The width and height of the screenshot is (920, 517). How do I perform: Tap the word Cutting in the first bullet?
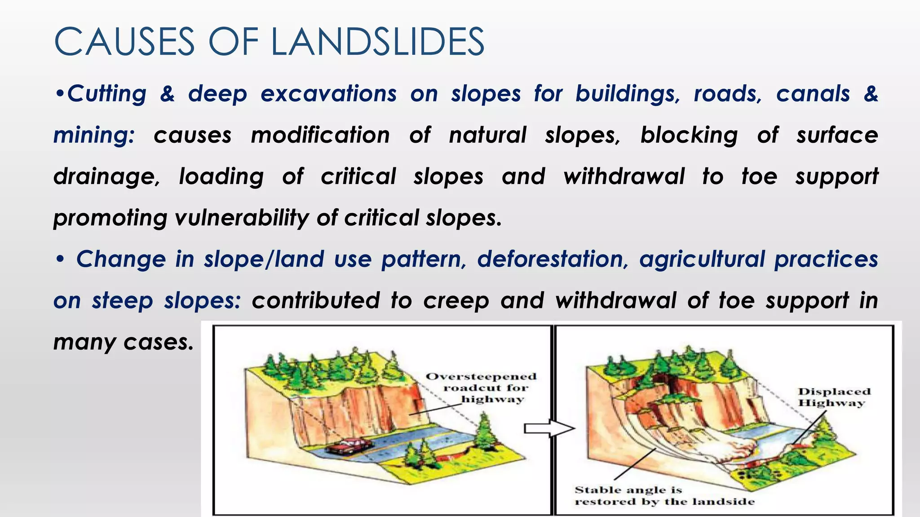tap(107, 94)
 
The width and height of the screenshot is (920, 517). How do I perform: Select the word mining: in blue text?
tap(94, 135)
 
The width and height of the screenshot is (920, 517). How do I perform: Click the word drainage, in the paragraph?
tap(106, 177)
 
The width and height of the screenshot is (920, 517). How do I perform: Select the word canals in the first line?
tap(813, 94)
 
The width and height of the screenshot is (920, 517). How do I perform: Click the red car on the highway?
tap(348, 447)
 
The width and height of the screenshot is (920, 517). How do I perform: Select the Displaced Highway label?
tap(834, 397)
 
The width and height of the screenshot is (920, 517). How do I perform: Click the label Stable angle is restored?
tap(664, 495)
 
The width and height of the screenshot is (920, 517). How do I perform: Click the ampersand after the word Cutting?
tap(167, 94)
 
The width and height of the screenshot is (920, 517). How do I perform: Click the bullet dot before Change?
tap(60, 259)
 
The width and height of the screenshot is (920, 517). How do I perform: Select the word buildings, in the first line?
tap(628, 94)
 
